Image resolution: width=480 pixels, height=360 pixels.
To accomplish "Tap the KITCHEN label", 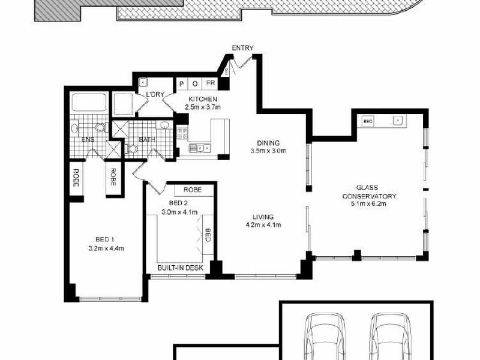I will [x=202, y=99].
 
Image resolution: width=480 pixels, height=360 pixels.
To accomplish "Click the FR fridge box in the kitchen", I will [x=211, y=83].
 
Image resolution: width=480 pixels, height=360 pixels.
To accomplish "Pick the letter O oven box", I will [x=196, y=83].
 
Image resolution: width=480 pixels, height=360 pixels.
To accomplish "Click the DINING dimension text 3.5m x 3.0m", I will [x=268, y=151].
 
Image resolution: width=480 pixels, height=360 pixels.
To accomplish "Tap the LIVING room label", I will [x=263, y=217].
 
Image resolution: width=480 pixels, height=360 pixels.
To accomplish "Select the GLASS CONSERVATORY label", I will [x=369, y=191].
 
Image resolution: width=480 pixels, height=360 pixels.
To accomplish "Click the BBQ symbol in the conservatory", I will [x=367, y=121].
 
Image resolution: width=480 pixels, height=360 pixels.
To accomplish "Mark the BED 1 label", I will [x=106, y=238].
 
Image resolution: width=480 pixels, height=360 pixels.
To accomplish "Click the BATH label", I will [x=147, y=140].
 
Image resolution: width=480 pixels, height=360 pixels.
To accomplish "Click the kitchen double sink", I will [x=199, y=148].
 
